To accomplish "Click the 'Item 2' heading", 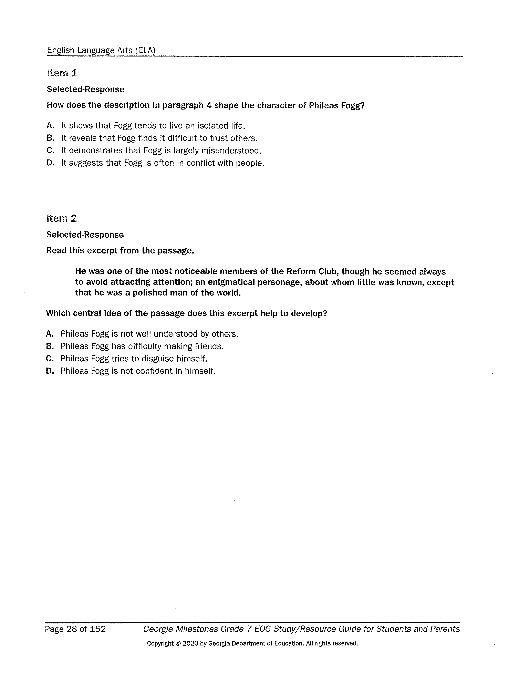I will point(61,218).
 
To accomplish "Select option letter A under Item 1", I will point(51,126).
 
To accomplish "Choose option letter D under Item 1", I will point(51,163).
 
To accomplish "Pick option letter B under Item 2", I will point(50,346).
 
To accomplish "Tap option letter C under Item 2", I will point(50,359).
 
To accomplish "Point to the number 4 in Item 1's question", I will point(209,105).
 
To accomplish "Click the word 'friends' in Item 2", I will point(209,346).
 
